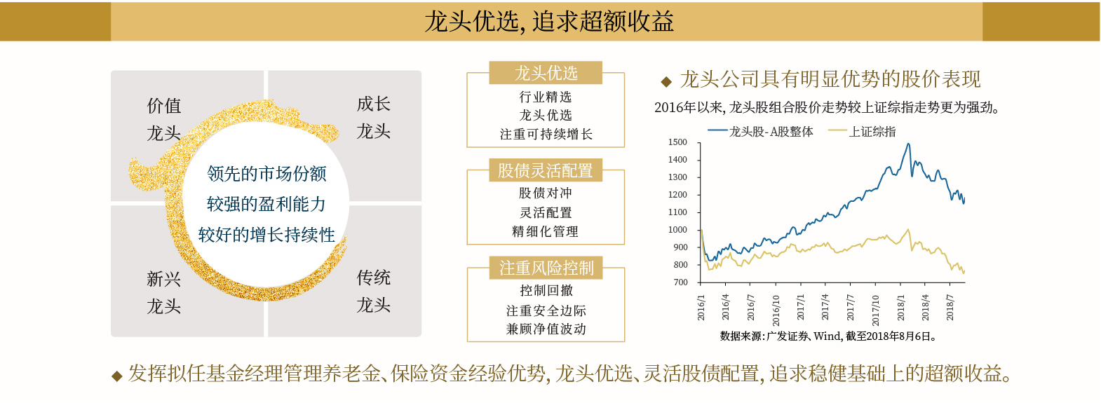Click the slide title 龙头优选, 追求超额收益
548,22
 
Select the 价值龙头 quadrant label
164,119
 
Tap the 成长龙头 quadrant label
373,118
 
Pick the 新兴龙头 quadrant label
164,292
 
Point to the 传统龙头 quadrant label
373,291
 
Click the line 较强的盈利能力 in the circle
266,204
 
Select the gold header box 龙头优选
546,73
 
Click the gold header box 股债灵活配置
546,170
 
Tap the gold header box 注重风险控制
546,268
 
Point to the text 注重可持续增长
546,134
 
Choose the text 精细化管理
546,231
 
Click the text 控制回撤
546,290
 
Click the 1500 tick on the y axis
677,142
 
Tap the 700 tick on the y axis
680,282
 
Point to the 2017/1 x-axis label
801,307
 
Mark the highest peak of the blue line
908,144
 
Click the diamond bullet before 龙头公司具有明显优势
666,81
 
